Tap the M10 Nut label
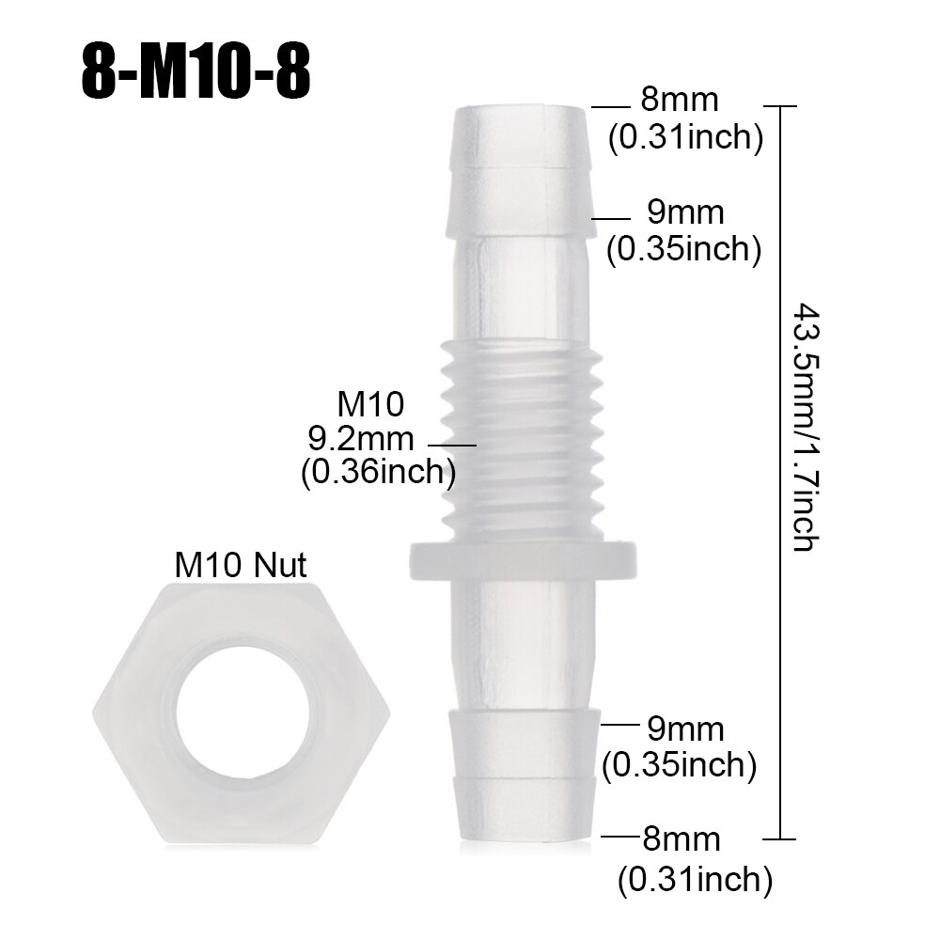click(242, 565)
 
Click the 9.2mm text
click(360, 437)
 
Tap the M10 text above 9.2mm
click(369, 404)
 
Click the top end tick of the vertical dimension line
click(782, 107)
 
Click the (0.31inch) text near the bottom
click(695, 880)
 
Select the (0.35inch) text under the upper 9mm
click(683, 250)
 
